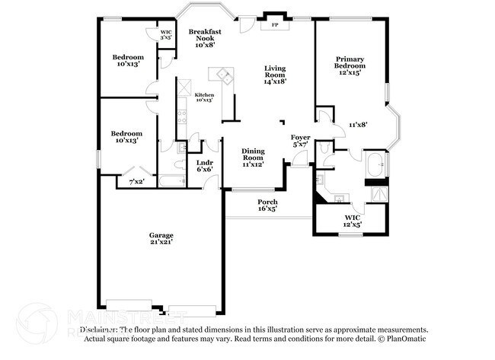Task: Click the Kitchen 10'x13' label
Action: [x=204, y=97]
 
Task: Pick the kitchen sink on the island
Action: [x=225, y=75]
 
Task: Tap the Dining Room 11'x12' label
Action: [x=253, y=157]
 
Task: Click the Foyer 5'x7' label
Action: [x=300, y=140]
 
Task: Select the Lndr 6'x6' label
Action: [x=204, y=165]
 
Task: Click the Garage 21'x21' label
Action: [x=161, y=239]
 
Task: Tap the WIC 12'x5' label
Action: [x=351, y=221]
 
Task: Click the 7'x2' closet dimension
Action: [x=137, y=181]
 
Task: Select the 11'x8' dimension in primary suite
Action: [x=358, y=124]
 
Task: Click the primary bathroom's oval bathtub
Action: [x=377, y=164]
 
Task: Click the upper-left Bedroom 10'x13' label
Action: [x=127, y=61]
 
